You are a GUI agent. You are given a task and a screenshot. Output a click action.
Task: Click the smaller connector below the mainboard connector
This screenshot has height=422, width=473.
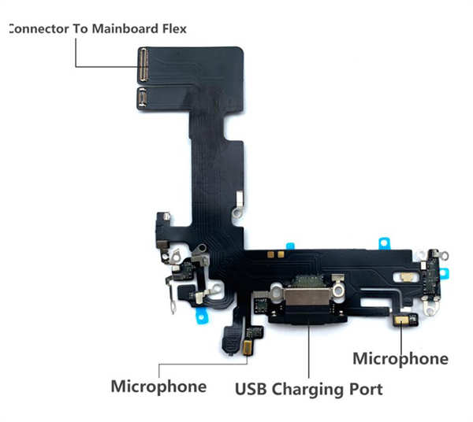click(x=143, y=98)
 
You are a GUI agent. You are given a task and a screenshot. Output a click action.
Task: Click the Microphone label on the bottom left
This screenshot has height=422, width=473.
click(x=158, y=386)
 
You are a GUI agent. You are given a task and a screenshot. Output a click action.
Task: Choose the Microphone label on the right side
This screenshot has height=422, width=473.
click(x=400, y=359)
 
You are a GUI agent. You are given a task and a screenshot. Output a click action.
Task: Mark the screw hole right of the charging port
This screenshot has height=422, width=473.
click(x=338, y=291)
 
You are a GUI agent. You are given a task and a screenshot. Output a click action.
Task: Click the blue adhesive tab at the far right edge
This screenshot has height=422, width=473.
click(x=445, y=273)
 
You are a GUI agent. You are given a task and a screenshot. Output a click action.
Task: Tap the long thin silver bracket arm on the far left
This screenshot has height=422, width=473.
click(x=171, y=295)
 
